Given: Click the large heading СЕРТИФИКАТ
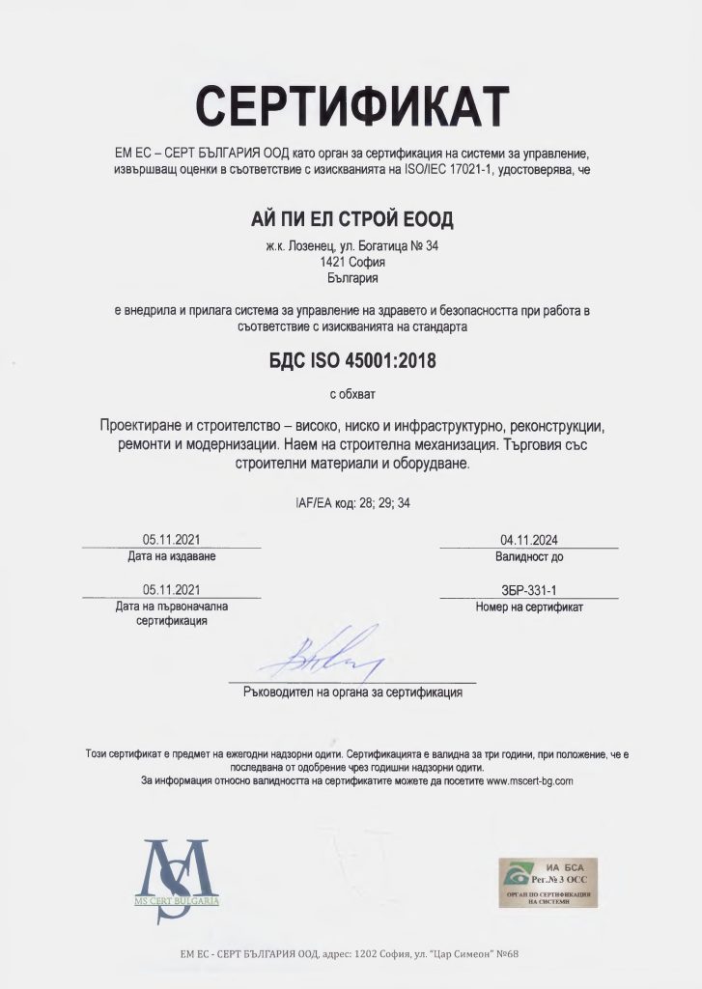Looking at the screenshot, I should (351, 105).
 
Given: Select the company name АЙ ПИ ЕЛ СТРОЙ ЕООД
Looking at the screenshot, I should (351, 219).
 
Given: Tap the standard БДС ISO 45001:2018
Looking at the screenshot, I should (351, 362).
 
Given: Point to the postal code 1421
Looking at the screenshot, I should (333, 262).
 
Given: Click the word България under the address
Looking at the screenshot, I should (351, 278).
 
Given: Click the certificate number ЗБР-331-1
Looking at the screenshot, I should (528, 590).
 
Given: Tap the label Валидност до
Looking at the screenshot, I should (528, 557).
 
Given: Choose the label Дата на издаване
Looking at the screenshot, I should (172, 557).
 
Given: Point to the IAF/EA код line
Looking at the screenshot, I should (351, 503).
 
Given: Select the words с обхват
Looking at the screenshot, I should (351, 394).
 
